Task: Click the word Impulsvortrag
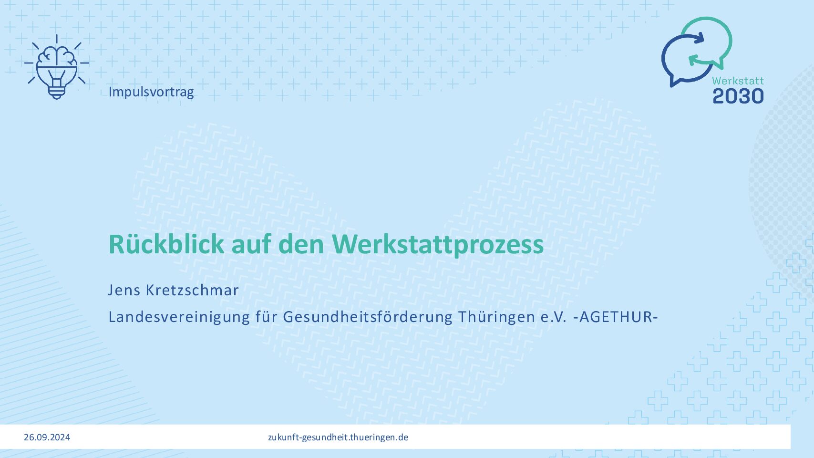click(151, 92)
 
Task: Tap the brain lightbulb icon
click(57, 67)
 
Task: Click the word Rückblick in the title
click(166, 244)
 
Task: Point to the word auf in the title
click(251, 244)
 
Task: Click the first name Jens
click(124, 290)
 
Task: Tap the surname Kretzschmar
click(192, 290)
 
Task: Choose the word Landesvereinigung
click(179, 317)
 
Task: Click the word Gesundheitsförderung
click(367, 317)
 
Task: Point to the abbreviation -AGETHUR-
click(615, 317)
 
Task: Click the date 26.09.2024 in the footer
click(47, 437)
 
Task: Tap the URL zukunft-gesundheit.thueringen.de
click(338, 437)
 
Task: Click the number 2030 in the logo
click(738, 96)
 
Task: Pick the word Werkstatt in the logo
click(738, 81)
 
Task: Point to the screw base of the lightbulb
click(57, 93)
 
